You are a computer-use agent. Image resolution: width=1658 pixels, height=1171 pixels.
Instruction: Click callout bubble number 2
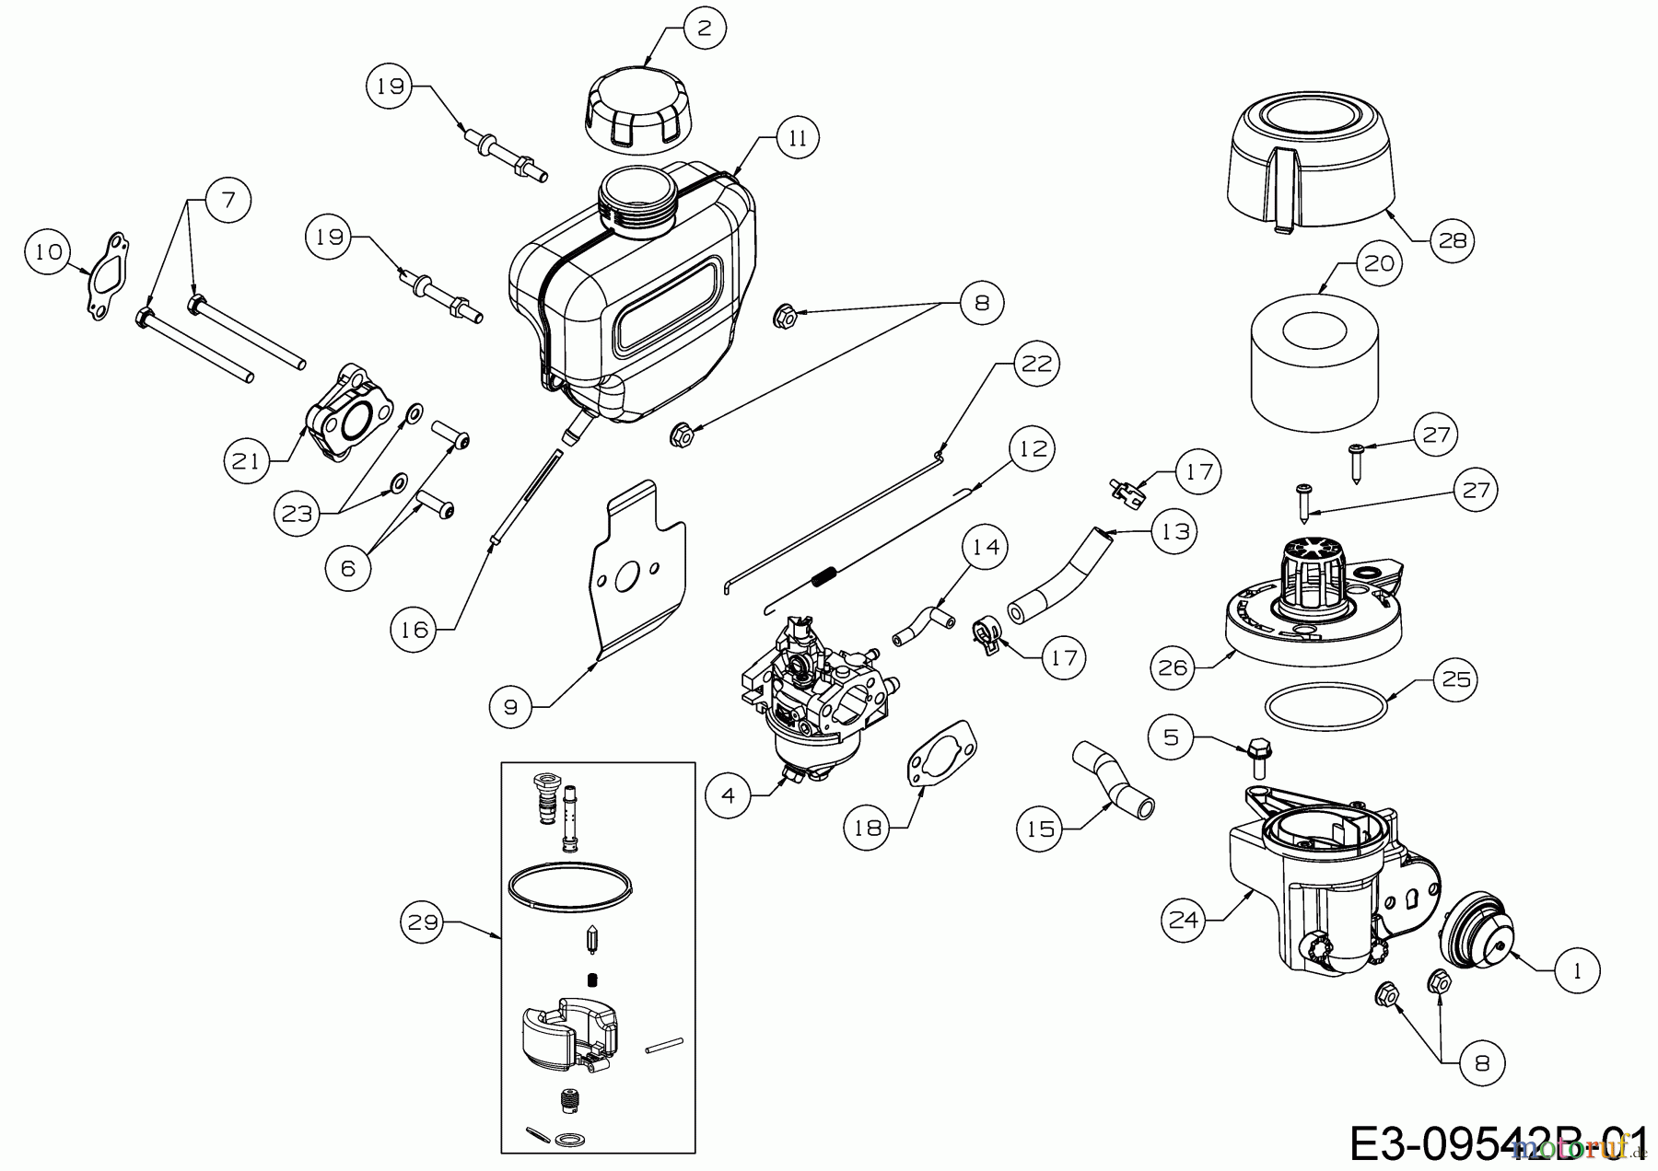click(x=705, y=29)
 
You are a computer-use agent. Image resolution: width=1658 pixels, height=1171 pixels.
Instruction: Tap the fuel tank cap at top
click(x=642, y=110)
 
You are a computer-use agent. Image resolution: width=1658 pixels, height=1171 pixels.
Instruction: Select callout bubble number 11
click(x=798, y=138)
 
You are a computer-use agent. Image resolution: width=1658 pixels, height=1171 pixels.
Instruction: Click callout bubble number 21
click(x=246, y=460)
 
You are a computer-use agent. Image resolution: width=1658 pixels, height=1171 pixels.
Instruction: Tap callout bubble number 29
click(x=423, y=922)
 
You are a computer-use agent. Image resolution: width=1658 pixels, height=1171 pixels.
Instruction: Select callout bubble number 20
click(x=1379, y=263)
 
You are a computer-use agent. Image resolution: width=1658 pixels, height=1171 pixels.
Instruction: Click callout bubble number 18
click(x=867, y=827)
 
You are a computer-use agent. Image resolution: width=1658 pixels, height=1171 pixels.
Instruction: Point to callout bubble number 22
click(x=1036, y=365)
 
